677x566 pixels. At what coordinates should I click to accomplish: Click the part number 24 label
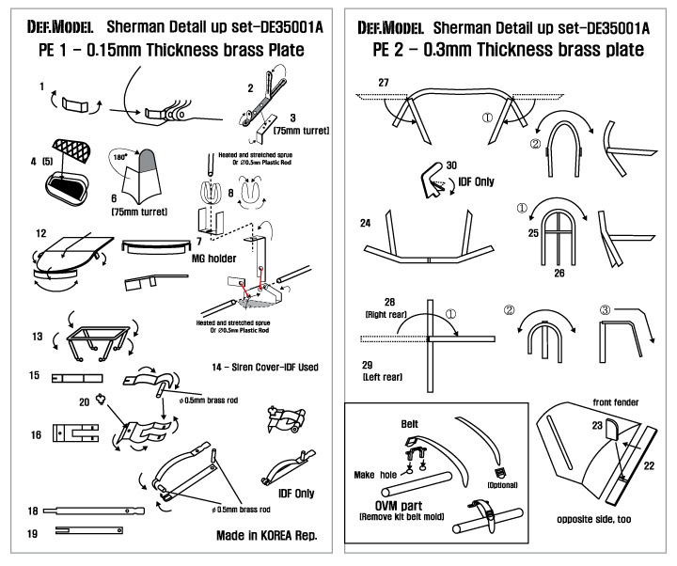point(365,224)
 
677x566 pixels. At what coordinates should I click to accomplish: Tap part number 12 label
point(39,233)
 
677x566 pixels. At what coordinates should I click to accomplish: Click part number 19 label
point(33,532)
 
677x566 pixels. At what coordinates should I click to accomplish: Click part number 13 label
point(37,335)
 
